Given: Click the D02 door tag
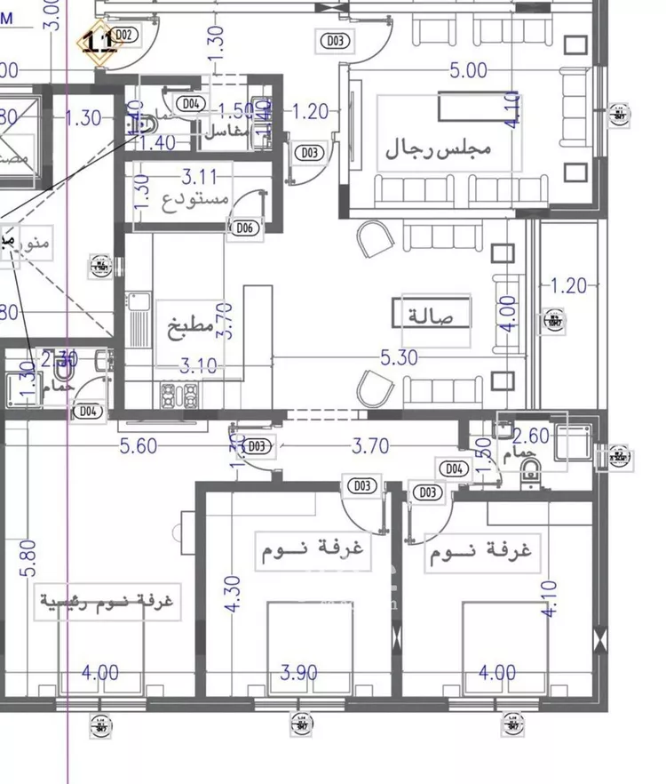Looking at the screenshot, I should (x=124, y=35).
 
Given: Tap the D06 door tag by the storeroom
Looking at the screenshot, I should (x=245, y=228).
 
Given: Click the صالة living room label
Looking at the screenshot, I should (x=432, y=316).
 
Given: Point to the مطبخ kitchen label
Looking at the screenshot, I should (x=191, y=327).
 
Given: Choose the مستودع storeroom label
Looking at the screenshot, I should (x=195, y=197).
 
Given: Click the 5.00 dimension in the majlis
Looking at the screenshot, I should (x=469, y=70).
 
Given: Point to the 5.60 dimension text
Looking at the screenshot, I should (x=139, y=446).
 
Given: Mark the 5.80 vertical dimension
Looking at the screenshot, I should (x=28, y=557).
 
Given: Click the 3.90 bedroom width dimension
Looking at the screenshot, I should (x=299, y=673).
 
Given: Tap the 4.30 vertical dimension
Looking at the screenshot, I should (x=234, y=592).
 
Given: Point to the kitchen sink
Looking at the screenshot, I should (x=139, y=321).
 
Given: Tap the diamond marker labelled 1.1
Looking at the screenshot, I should (x=97, y=40).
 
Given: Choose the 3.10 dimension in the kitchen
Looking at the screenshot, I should (x=198, y=364).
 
